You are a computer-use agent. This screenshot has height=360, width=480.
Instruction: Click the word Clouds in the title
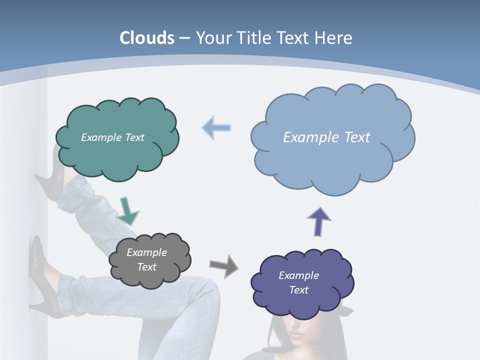[x=147, y=38]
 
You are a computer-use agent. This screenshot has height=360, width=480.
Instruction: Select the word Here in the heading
[x=334, y=38]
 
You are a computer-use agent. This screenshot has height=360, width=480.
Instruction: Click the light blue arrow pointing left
[x=216, y=127]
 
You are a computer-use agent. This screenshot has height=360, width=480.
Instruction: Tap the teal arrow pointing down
[x=127, y=210]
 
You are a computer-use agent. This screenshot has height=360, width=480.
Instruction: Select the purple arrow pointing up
[x=319, y=221]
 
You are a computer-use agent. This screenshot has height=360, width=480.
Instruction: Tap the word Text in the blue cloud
[x=357, y=137]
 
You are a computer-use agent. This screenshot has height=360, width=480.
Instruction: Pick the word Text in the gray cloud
[x=147, y=267]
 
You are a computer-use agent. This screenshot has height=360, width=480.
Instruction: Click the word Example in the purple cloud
[x=298, y=275]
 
